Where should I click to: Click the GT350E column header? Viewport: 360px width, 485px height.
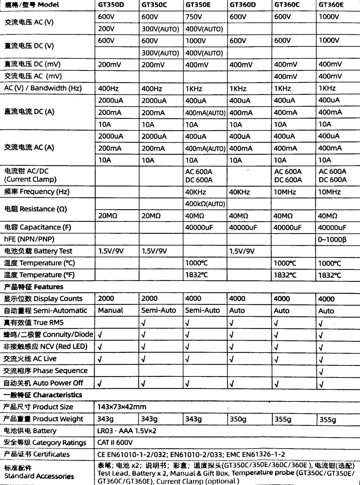pos(198,5)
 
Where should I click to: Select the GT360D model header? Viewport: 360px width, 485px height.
pos(243,5)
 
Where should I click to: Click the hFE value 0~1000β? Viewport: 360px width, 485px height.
pos(332,239)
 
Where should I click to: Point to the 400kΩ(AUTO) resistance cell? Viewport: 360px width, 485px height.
pos(205,204)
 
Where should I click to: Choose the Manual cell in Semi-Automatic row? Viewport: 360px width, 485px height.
pos(110,310)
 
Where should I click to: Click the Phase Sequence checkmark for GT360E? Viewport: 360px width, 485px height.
pos(321,371)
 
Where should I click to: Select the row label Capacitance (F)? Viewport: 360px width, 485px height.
pos(38,227)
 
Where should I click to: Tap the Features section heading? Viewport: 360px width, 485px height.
pos(34,287)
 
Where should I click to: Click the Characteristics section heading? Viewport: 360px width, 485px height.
pos(43,395)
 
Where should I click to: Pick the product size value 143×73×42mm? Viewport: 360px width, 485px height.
pos(122,407)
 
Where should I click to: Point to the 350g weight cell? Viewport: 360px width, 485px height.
pos(238,419)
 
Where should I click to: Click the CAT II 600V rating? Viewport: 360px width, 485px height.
pos(115,443)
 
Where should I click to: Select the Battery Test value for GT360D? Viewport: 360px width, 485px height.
pos(242,251)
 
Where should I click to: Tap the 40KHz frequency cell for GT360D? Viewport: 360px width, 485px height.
pos(239,192)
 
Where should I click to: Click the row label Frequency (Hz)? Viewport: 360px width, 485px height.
pos(37,192)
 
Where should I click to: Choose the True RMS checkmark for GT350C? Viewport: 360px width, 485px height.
pos(144,323)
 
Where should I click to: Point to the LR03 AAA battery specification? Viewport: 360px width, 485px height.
pos(127,431)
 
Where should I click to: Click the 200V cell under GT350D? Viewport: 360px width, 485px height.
pos(106,29)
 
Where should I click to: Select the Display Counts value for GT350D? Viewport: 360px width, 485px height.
pos(106,299)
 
